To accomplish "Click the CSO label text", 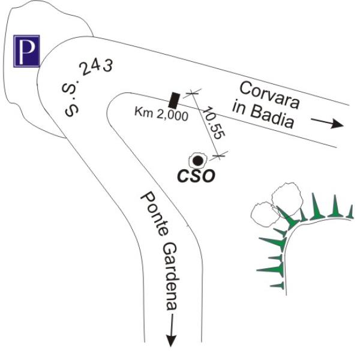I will point(196,176).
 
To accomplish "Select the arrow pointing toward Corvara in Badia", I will point(328,124).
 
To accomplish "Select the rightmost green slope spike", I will point(351,212).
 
